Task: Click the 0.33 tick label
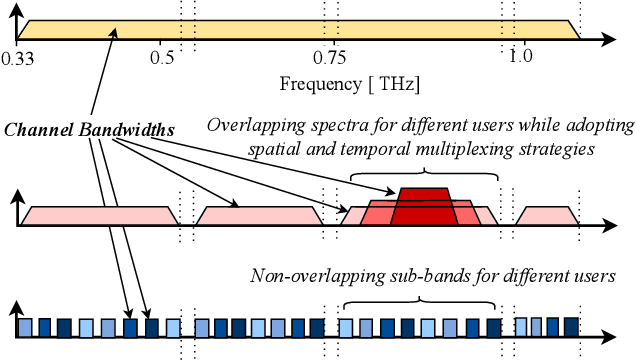(x=16, y=58)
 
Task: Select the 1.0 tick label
(x=519, y=58)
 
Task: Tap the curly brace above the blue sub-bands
(x=420, y=297)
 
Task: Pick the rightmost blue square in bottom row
(x=571, y=325)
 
